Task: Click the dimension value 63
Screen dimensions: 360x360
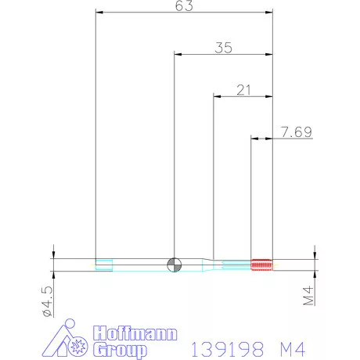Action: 185,6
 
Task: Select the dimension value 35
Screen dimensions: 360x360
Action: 223,48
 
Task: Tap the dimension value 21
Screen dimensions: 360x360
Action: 243,90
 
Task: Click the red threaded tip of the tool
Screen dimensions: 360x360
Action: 261,265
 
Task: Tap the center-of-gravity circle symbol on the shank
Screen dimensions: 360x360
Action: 174,265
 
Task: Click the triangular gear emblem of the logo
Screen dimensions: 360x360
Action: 76,340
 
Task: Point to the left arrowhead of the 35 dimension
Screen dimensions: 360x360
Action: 177,54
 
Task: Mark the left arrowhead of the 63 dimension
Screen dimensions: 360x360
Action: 98,12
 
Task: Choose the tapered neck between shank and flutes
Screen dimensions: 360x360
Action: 211,265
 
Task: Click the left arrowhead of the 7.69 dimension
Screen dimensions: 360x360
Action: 254,139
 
